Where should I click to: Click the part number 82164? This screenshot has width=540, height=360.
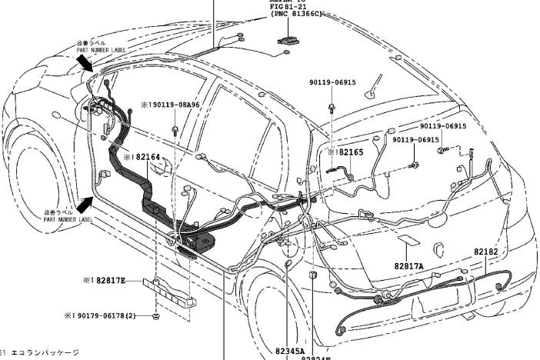pos(146,158)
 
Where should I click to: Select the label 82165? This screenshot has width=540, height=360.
pos(350,152)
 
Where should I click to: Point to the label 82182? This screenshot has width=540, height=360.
pos(485,252)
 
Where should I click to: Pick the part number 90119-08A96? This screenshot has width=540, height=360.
pos(173,105)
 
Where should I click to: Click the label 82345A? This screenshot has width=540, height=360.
pos(290,350)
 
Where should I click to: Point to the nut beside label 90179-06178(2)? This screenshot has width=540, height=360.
pos(156,315)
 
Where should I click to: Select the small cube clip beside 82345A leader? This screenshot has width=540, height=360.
pos(313,275)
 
